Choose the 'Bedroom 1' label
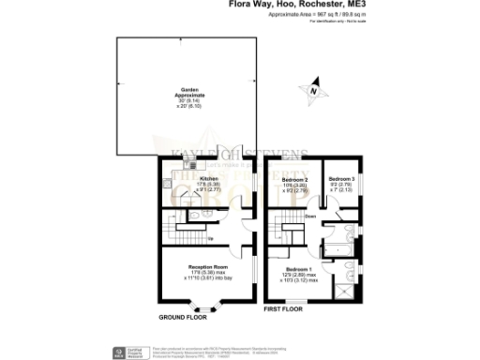click(300, 272)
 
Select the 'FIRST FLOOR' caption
click(284, 308)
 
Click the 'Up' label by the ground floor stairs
click(208, 237)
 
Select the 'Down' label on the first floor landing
click(309, 218)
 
